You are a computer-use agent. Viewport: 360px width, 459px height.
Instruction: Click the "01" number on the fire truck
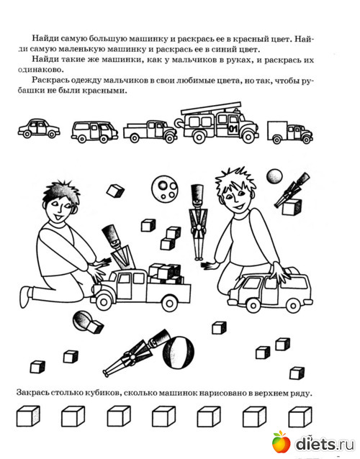point(233,128)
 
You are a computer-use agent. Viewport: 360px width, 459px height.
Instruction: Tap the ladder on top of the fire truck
point(211,108)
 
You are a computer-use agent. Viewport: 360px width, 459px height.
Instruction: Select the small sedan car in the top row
point(39,128)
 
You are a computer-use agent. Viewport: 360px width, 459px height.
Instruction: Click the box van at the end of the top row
point(289,132)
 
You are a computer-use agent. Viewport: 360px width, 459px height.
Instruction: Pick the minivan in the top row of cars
point(94,132)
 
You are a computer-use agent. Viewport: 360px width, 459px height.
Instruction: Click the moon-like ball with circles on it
point(165,188)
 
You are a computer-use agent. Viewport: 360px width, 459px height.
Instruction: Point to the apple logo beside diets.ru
point(282,441)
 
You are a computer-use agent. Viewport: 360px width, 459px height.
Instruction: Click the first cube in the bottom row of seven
point(28,416)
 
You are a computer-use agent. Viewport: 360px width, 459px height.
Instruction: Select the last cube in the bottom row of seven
point(300,417)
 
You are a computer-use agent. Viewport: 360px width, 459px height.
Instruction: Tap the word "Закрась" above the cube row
point(32,393)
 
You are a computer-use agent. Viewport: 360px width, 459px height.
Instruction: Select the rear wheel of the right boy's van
point(292,305)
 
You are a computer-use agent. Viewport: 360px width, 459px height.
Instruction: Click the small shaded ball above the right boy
point(274,176)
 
